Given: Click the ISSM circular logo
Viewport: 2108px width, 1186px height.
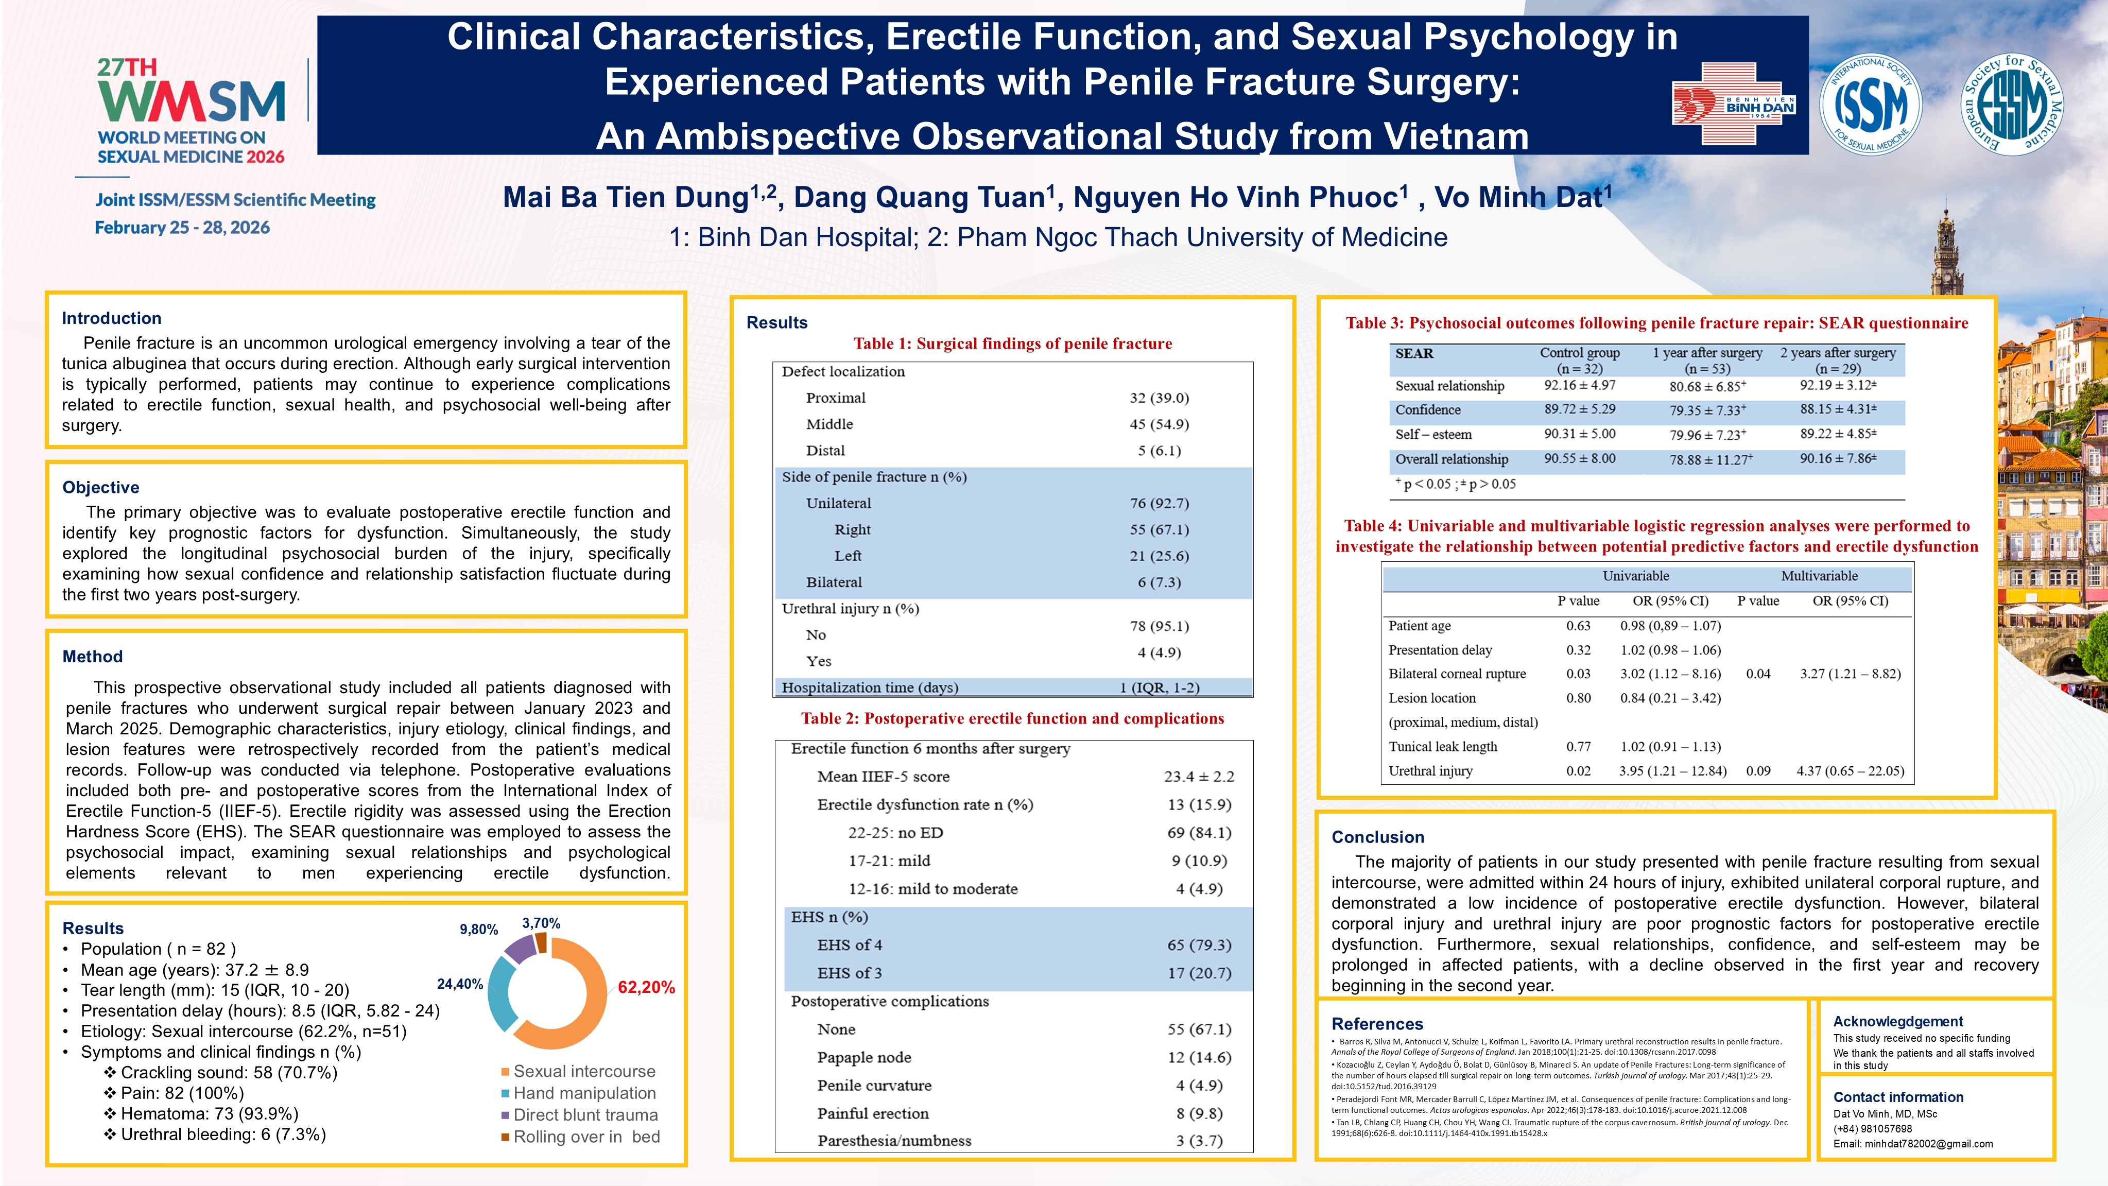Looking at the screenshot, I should coord(1871,104).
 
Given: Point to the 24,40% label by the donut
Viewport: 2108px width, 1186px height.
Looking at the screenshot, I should coord(460,984).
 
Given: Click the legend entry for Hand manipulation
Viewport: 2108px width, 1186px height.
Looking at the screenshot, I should coord(583,1093).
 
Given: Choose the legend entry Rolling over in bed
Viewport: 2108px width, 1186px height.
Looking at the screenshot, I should coord(586,1137).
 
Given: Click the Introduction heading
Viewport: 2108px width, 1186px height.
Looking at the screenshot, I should coord(111,318).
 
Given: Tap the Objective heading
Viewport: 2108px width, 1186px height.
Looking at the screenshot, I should coord(100,487).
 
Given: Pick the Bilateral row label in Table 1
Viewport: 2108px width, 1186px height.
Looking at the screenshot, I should coord(834,582).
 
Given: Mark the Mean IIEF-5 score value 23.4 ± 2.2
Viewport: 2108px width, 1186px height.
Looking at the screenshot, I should coord(1199,776).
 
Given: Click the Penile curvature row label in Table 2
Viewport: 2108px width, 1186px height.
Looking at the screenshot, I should coord(874,1086).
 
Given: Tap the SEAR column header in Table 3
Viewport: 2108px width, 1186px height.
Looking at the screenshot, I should coord(1414,354).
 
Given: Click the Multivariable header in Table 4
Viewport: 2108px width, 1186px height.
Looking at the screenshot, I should coord(1819,576).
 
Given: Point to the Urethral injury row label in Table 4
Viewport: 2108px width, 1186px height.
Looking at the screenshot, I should coord(1430,770).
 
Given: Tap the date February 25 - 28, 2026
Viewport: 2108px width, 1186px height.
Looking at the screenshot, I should coord(182,228).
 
